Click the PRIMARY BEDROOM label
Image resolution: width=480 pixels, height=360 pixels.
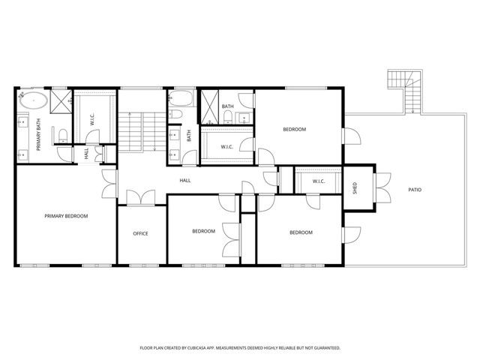(66, 216)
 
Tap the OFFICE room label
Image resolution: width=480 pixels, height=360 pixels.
(140, 233)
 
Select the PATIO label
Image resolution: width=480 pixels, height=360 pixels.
(415, 190)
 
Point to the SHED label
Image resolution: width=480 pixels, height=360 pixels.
(355, 187)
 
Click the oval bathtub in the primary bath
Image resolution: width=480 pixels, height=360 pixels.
(34, 101)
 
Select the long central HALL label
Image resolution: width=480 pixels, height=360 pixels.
(184, 180)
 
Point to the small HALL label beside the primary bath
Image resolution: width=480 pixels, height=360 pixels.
(87, 152)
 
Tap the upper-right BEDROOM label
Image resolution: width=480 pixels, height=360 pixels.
(294, 130)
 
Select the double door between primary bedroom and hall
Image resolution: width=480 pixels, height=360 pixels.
(110, 180)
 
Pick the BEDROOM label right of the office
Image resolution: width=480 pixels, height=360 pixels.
(203, 231)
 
